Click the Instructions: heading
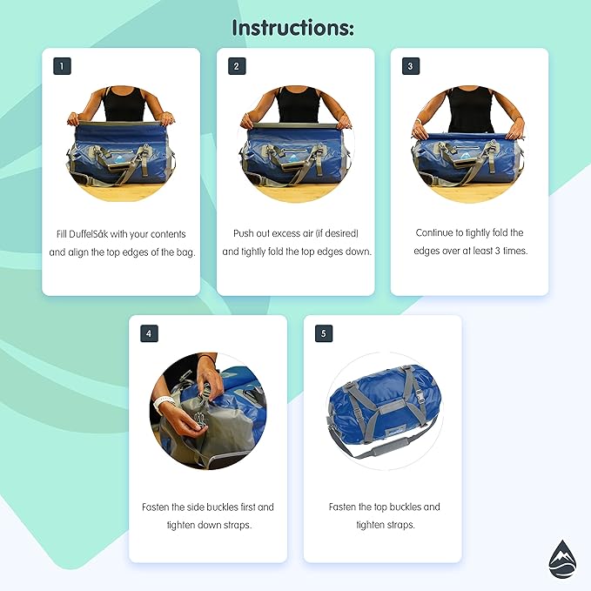[x=293, y=28]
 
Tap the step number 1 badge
[x=62, y=66]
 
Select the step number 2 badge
[x=237, y=66]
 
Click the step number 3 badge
[x=411, y=66]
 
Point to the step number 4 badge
[x=149, y=333]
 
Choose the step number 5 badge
[x=324, y=333]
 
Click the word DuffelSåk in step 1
[x=89, y=234]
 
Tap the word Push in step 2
[x=244, y=233]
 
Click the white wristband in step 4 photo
[x=163, y=404]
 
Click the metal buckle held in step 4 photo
[x=199, y=420]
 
